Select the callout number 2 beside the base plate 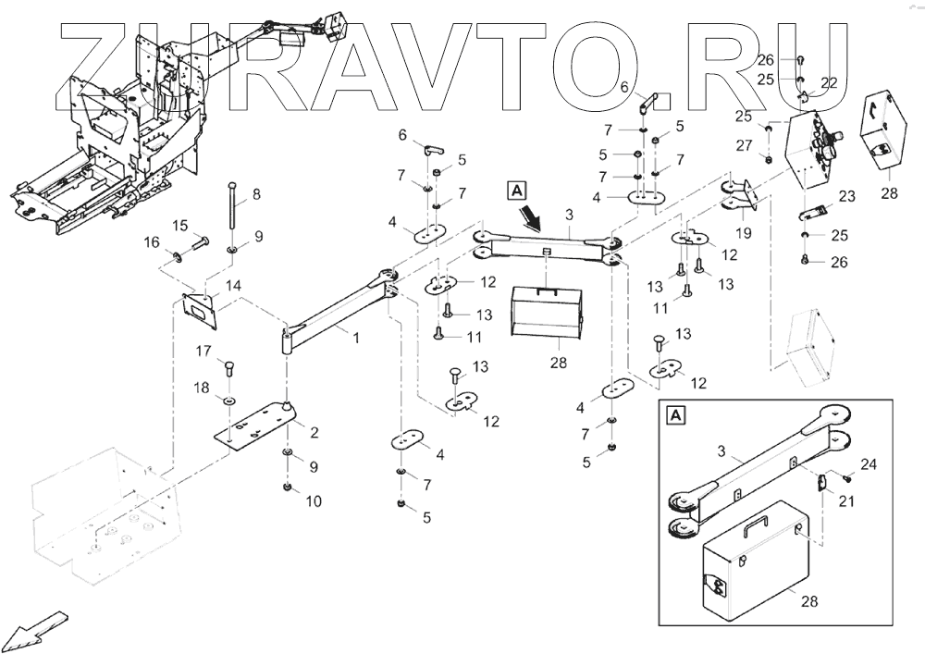point(314,432)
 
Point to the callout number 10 point(314,501)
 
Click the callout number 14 point(234,286)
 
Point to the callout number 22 point(829,83)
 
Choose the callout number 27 point(745,145)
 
